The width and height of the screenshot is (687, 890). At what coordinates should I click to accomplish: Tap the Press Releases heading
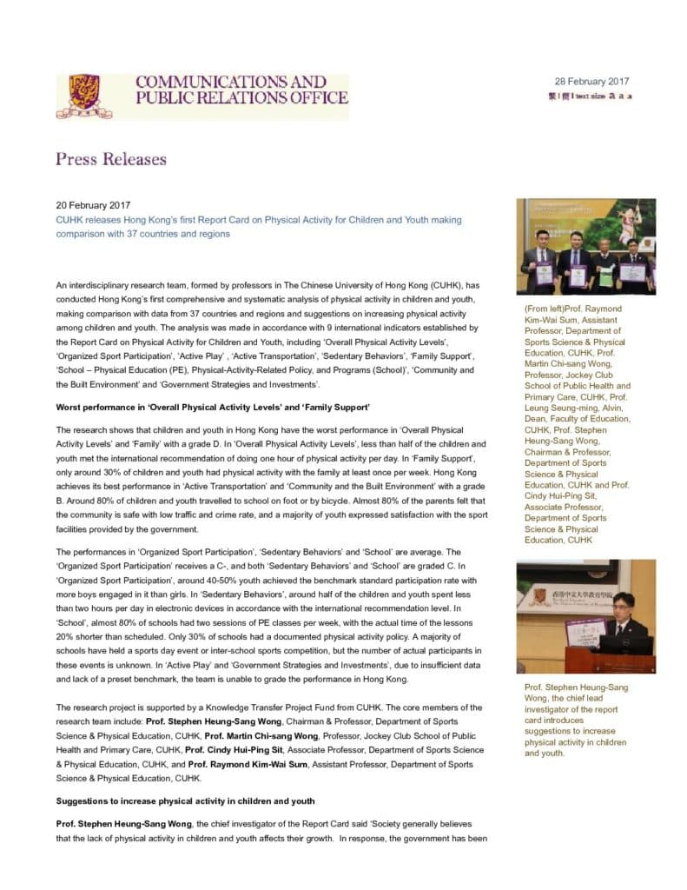coord(110,158)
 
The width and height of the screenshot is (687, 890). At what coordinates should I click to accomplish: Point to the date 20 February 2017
coord(93,206)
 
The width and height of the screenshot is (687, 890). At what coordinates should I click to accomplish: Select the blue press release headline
coord(258,227)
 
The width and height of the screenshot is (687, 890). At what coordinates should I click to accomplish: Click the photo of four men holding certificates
coord(585,246)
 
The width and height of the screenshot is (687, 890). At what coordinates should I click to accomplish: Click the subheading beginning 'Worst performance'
coord(213,408)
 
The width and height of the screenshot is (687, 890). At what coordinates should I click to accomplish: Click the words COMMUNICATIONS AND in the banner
coord(230,83)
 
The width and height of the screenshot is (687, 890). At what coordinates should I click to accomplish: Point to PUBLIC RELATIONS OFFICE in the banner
coord(241,98)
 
